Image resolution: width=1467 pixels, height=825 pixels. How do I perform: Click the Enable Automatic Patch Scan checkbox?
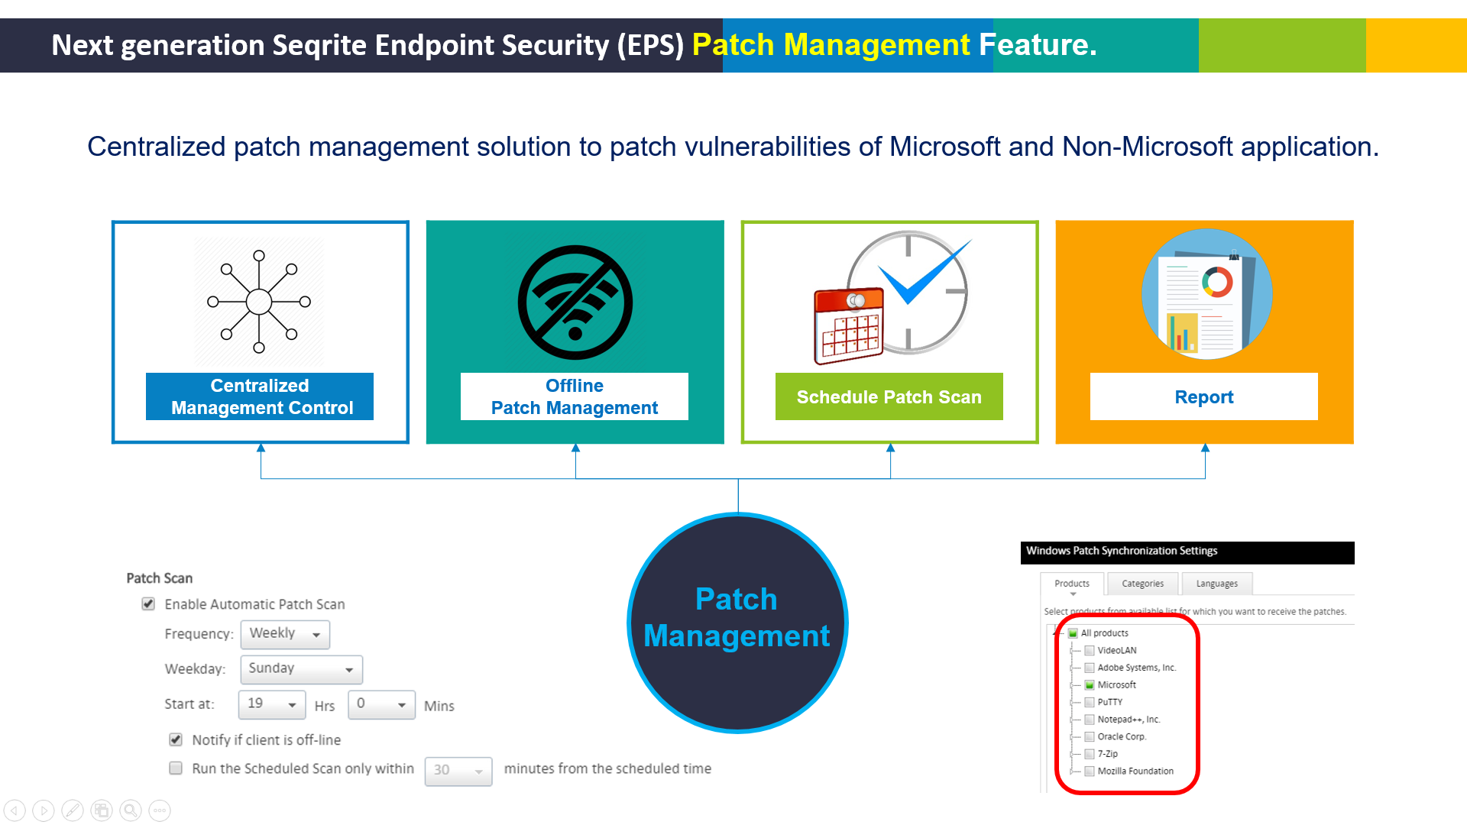point(148,604)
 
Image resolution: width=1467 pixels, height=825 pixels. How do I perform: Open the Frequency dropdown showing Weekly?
point(285,634)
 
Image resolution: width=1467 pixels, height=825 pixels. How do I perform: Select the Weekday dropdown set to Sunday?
point(301,669)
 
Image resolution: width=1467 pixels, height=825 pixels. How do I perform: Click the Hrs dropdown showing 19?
point(271,704)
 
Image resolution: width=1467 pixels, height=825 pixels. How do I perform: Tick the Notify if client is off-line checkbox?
point(176,739)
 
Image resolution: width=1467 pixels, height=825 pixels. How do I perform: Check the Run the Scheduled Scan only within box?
point(176,768)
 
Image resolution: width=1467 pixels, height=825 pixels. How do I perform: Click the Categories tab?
point(1142,584)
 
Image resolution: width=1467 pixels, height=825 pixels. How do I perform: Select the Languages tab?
point(1216,584)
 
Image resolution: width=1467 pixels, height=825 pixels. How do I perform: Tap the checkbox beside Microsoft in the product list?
point(1090,685)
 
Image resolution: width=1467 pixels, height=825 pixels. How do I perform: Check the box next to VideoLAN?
point(1090,651)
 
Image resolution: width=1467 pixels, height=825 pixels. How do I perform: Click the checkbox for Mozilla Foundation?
point(1090,772)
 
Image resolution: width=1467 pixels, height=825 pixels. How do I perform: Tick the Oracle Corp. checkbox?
point(1090,737)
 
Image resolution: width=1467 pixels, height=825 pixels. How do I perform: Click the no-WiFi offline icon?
point(575,302)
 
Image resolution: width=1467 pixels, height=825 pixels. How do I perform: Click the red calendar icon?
point(848,325)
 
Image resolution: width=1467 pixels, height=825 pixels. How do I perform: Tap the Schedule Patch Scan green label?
point(889,396)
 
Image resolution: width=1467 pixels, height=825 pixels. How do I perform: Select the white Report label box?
point(1203,396)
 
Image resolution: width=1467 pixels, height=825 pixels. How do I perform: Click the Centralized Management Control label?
point(260,396)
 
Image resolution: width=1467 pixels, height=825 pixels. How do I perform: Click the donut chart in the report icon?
point(1217,282)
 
